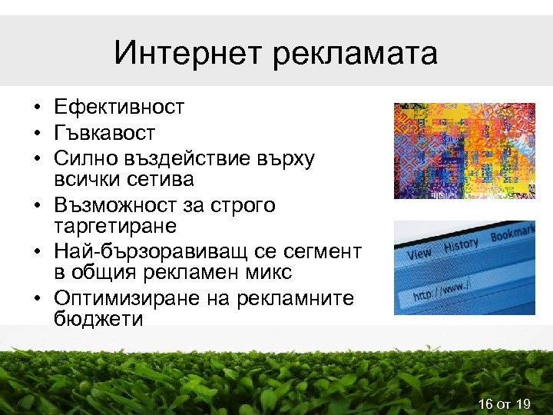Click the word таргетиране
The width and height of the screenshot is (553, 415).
coord(115,227)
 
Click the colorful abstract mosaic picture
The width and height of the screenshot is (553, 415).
coord(464,151)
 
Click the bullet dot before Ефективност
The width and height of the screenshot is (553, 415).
coord(38,108)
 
